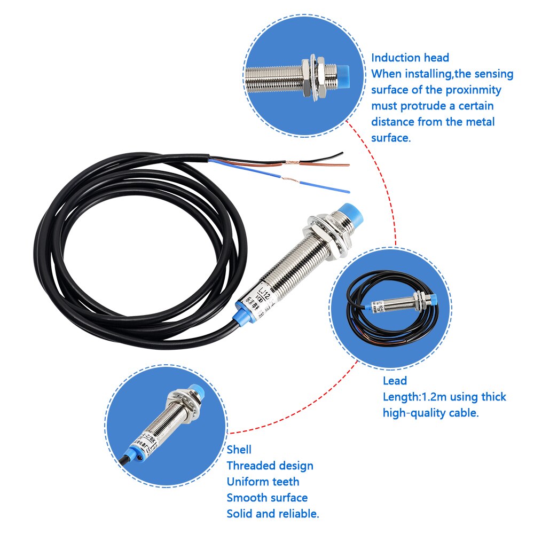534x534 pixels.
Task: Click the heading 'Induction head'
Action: [410, 58]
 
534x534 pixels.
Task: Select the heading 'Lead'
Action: [395, 381]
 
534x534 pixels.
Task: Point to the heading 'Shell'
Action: [239, 450]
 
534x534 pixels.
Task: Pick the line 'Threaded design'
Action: [270, 466]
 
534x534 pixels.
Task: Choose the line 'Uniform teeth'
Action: [263, 482]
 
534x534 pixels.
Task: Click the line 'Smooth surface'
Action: [267, 498]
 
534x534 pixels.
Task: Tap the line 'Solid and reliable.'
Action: [273, 514]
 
